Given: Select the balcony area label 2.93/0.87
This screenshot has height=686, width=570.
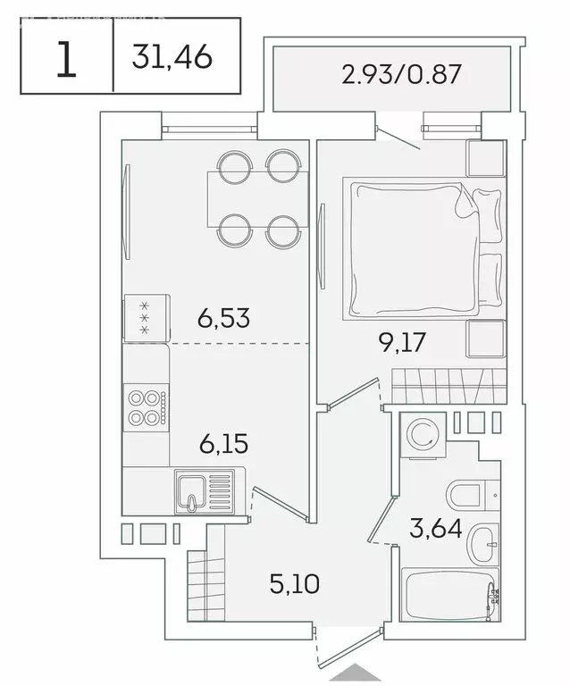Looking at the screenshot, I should point(401,74).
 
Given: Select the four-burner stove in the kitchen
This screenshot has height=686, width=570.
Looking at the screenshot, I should point(146,406).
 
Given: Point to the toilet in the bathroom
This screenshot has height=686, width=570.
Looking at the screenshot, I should point(465,493).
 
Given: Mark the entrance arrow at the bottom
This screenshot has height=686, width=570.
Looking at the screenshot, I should point(366,672).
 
